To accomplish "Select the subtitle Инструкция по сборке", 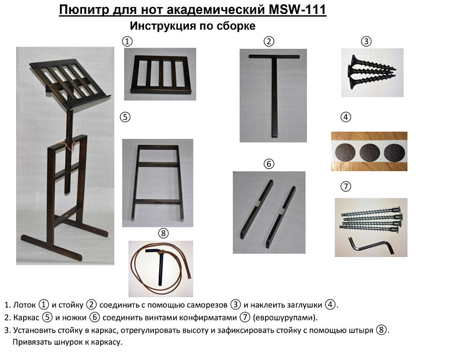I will (192, 26).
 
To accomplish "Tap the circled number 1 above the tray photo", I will (127, 41).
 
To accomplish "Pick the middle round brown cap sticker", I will (369, 152).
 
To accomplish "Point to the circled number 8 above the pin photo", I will (163, 233).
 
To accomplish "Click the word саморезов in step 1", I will (205, 305).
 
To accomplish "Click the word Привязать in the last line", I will (33, 343).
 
